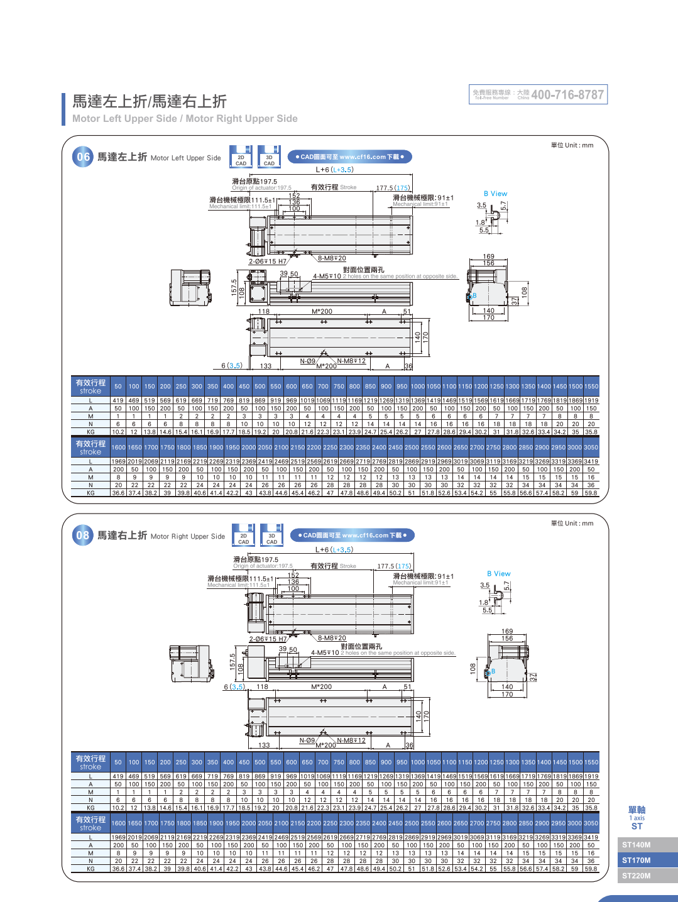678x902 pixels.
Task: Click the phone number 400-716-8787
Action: pyautogui.click(x=567, y=95)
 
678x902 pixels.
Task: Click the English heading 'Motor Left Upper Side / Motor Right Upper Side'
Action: pyautogui.click(x=185, y=119)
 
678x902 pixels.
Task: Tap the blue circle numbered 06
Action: pyautogui.click(x=83, y=157)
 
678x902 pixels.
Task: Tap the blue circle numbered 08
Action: pyautogui.click(x=83, y=536)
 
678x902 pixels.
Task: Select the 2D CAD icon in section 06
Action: pyautogui.click(x=241, y=157)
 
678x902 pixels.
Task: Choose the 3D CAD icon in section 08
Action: pyautogui.click(x=271, y=536)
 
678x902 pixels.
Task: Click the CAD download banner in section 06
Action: pyautogui.click(x=350, y=157)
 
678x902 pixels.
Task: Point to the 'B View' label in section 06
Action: pyautogui.click(x=495, y=194)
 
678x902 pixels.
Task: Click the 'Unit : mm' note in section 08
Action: pyautogui.click(x=572, y=523)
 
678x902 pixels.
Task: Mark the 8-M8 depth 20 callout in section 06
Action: pyautogui.click(x=332, y=258)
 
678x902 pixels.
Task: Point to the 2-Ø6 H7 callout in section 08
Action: pyautogui.click(x=268, y=639)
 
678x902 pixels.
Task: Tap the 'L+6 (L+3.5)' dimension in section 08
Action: pyautogui.click(x=334, y=549)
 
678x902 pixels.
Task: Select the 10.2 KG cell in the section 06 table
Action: pyautogui.click(x=118, y=432)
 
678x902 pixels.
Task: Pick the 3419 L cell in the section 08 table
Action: pyautogui.click(x=591, y=837)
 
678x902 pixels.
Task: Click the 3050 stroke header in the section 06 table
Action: pyautogui.click(x=591, y=448)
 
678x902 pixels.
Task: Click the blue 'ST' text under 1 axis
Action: pyautogui.click(x=637, y=827)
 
